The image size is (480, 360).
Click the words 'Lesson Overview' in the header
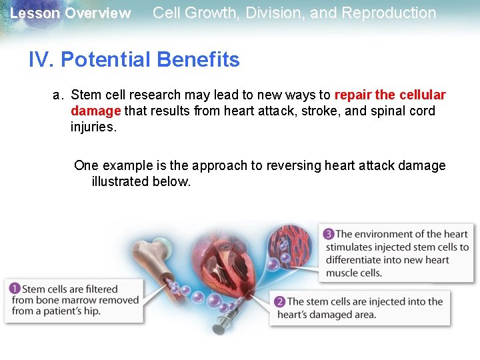[x=71, y=13]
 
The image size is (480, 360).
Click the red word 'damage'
[x=95, y=111]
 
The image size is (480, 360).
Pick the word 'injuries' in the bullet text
[x=92, y=127]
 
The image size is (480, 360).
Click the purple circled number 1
[x=14, y=289]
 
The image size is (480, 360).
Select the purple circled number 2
[x=279, y=302]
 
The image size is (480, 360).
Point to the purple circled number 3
[x=328, y=234]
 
